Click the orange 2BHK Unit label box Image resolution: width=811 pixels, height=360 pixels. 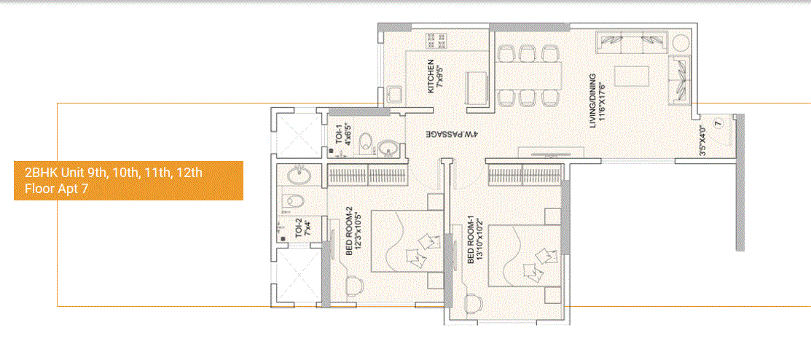coord(128,181)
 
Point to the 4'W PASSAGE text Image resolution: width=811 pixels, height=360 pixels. coord(452,135)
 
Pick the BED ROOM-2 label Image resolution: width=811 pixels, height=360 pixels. coord(353,232)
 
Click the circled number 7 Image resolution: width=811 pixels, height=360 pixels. coord(718,122)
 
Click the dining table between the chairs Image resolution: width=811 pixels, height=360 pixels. coord(528,75)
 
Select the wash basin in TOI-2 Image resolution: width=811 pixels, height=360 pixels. coord(299,175)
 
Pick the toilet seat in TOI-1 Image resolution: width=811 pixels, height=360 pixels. coord(367,144)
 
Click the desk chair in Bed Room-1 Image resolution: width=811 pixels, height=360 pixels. coord(474,302)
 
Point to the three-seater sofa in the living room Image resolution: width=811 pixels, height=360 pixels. coord(631,43)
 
